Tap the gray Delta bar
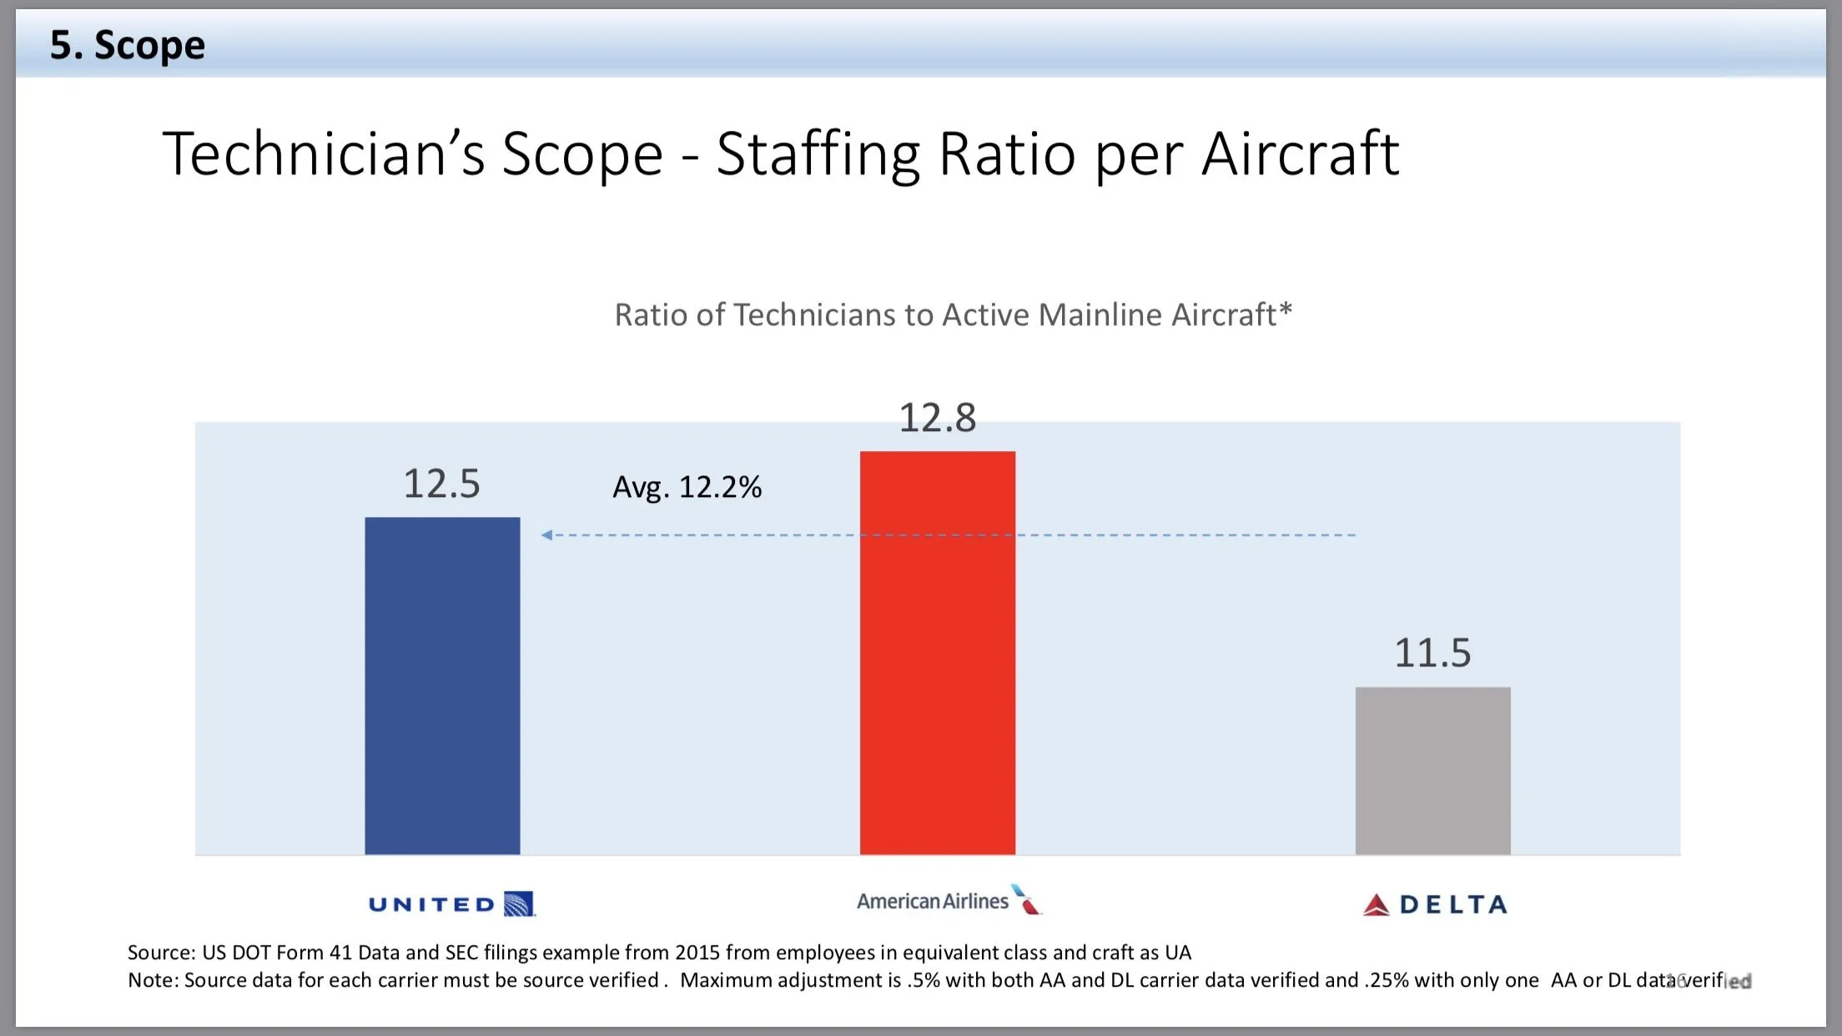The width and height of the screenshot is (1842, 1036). coord(1432,771)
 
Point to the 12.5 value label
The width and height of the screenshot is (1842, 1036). coord(441,484)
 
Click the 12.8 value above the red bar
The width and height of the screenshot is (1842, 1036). coord(937,418)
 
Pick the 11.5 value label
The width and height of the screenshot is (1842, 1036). coord(1432,653)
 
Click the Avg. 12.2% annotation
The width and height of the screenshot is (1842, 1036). coord(687,487)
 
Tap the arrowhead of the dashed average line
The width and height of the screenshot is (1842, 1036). coord(546,535)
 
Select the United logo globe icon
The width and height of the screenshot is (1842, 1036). coord(519,904)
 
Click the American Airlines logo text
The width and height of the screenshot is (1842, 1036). coord(932,902)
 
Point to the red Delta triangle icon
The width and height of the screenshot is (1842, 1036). coord(1376,905)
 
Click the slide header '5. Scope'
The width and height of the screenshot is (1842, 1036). coord(127,45)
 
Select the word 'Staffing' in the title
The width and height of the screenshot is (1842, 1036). coord(818,154)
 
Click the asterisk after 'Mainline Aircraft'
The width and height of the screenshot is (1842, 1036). coord(1286,309)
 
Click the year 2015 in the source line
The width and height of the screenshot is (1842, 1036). coord(697,953)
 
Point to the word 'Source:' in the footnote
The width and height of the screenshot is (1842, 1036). coord(161,953)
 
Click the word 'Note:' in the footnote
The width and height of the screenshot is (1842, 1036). coord(153,980)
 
